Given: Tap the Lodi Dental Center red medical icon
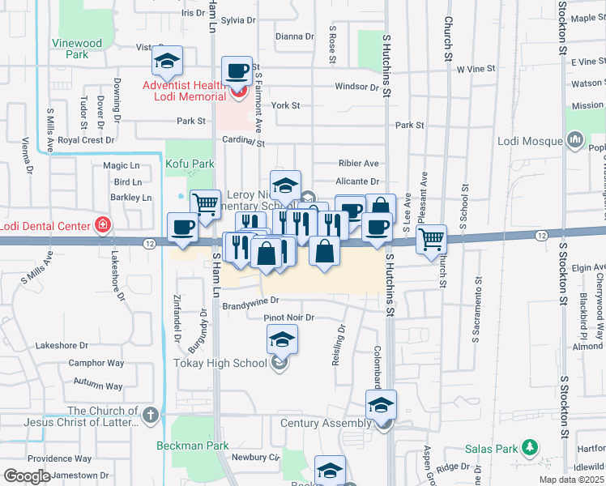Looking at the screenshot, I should [x=102, y=225].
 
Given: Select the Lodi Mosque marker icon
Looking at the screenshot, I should [x=576, y=140].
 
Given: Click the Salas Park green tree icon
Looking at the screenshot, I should [x=531, y=446].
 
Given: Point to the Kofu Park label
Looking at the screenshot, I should [x=190, y=164].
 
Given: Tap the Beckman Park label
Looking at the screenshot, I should [x=193, y=446].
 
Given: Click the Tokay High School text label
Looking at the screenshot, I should [x=220, y=363].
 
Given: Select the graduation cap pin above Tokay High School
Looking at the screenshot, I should [x=281, y=338].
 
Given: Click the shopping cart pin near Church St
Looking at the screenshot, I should [x=432, y=238].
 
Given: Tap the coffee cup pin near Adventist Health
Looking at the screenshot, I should [x=237, y=71].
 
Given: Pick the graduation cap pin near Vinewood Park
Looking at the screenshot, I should [x=167, y=60].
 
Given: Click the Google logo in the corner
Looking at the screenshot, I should [x=27, y=476].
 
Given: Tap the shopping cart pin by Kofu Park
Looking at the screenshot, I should [x=205, y=203].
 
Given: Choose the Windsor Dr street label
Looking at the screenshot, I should [x=356, y=86].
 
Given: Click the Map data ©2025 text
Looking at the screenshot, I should [x=572, y=480].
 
